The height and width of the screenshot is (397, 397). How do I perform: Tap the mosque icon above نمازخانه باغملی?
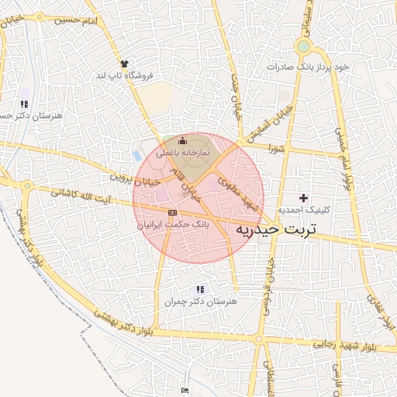183,140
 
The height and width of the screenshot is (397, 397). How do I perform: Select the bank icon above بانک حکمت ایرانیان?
172,212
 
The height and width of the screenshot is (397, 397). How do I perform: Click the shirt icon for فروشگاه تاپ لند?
123,63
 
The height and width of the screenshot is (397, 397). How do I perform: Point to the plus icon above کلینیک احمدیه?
303,198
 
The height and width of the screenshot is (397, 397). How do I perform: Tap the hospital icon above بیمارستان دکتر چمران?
202,288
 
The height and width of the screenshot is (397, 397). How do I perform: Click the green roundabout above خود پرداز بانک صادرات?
302,47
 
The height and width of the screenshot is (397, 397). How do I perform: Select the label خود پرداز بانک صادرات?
308,67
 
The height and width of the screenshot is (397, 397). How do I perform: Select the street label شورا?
277,147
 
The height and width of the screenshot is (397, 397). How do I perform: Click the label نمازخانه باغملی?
178,154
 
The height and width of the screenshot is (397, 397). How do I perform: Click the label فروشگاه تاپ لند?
125,75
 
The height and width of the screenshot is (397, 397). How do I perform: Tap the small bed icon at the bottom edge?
184,390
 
